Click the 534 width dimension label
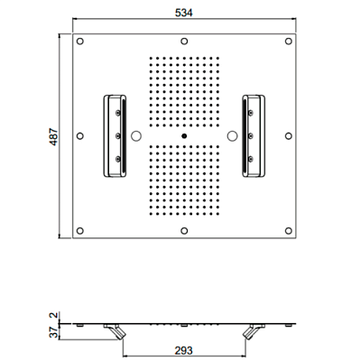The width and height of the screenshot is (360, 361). (x=183, y=13)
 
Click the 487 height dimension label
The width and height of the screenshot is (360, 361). (x=53, y=137)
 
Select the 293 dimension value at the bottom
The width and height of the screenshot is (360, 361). (x=184, y=350)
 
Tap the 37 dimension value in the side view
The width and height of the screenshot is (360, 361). (x=53, y=332)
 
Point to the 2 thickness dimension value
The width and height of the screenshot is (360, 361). (x=53, y=316)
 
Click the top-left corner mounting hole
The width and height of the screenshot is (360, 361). (x=80, y=42)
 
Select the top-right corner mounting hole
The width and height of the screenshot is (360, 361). (x=289, y=42)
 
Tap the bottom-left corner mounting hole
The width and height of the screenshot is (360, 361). (x=80, y=231)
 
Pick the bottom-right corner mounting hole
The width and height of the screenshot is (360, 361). (x=289, y=231)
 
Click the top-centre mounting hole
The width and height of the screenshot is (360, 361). (x=184, y=42)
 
